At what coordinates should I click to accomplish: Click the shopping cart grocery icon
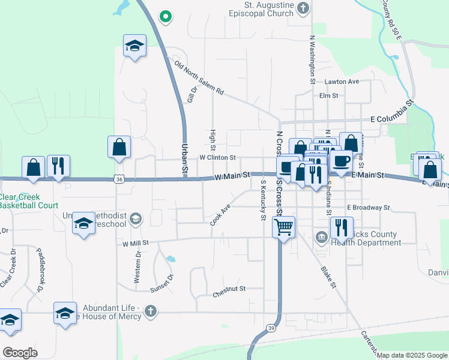pyautogui.click(x=283, y=227)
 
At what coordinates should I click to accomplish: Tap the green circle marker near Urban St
pyautogui.click(x=166, y=16)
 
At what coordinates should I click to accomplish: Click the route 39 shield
pyautogui.click(x=271, y=328)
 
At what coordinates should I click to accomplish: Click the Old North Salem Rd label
pyautogui.click(x=199, y=79)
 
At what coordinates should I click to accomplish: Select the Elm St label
pyautogui.click(x=329, y=95)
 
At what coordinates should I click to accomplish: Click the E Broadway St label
pyautogui.click(x=369, y=208)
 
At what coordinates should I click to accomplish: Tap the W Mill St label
pyautogui.click(x=136, y=244)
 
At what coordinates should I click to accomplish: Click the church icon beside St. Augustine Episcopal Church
pyautogui.click(x=303, y=8)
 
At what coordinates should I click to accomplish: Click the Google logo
pyautogui.click(x=20, y=352)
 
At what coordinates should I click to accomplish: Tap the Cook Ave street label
pyautogui.click(x=220, y=215)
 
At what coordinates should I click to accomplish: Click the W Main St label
pyautogui.click(x=232, y=175)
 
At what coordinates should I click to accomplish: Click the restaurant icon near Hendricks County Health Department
pyautogui.click(x=341, y=227)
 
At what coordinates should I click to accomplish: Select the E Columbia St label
pyautogui.click(x=393, y=112)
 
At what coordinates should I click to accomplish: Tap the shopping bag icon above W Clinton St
pyautogui.click(x=119, y=147)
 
